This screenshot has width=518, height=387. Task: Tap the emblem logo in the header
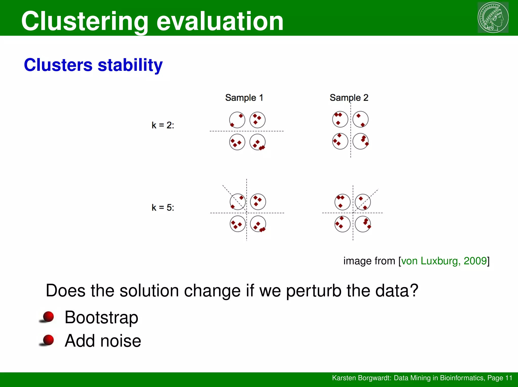click(493, 17)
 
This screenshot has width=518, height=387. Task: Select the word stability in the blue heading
click(130, 65)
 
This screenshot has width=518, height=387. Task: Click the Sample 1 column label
click(244, 98)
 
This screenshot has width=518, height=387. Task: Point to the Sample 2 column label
click(349, 98)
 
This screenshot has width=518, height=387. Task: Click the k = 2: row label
click(163, 125)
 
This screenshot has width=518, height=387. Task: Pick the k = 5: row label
click(163, 208)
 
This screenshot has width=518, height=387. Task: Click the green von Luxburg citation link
click(444, 261)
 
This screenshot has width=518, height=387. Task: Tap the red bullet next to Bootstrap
click(48, 317)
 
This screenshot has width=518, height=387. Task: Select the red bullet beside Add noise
click(48, 340)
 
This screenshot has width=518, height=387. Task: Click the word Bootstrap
click(101, 317)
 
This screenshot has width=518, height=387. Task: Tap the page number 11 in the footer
click(509, 378)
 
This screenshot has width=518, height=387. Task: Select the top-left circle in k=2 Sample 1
click(237, 120)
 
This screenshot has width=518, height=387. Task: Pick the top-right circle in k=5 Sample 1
click(258, 202)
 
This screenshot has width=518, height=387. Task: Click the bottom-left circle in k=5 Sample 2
click(342, 224)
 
